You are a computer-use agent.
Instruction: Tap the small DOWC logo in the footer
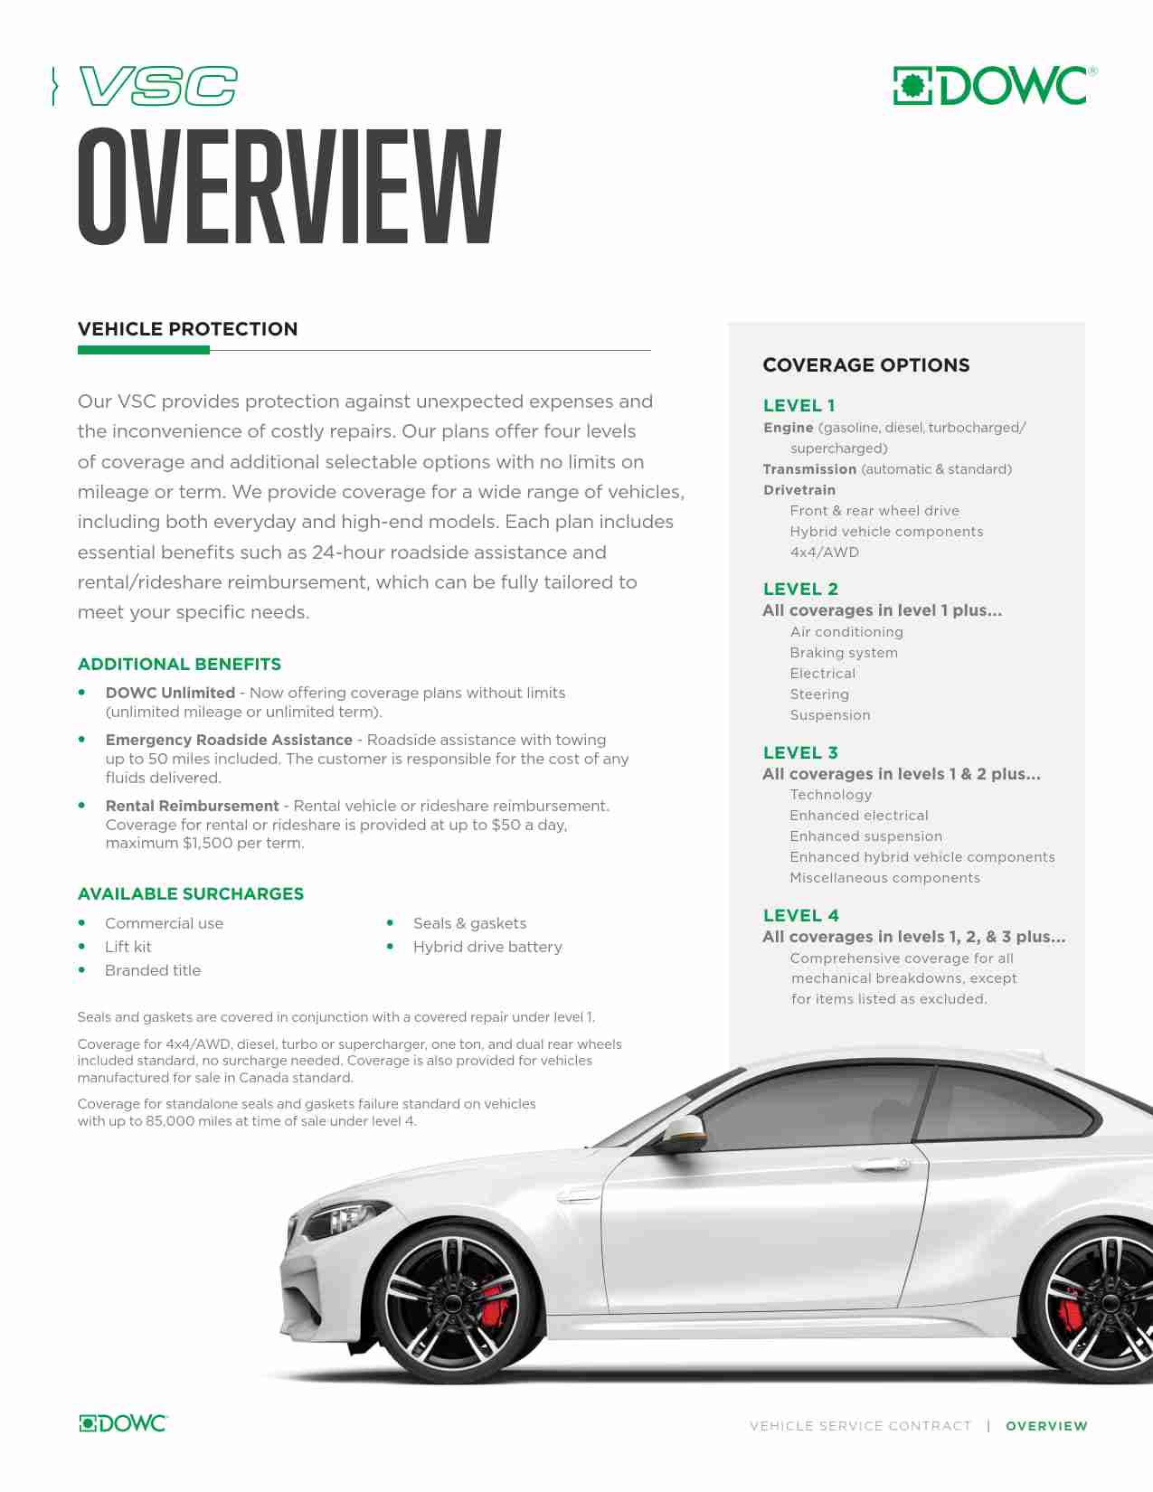123,1423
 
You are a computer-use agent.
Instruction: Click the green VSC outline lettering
159,87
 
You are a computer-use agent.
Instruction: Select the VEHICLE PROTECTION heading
187,329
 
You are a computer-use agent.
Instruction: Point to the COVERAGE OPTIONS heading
865,365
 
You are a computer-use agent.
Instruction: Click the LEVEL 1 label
799,406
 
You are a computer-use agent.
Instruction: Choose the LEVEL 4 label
800,915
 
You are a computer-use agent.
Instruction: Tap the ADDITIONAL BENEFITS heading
179,665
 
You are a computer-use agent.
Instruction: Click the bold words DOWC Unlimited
170,693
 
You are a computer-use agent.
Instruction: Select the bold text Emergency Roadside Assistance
229,740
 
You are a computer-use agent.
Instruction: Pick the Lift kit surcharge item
128,947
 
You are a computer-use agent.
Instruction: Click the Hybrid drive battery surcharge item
487,947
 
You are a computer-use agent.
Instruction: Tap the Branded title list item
153,970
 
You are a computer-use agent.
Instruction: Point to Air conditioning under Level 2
846,632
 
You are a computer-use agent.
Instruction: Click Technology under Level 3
831,795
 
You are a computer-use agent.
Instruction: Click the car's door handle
883,1166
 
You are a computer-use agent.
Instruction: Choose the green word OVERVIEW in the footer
1046,1426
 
